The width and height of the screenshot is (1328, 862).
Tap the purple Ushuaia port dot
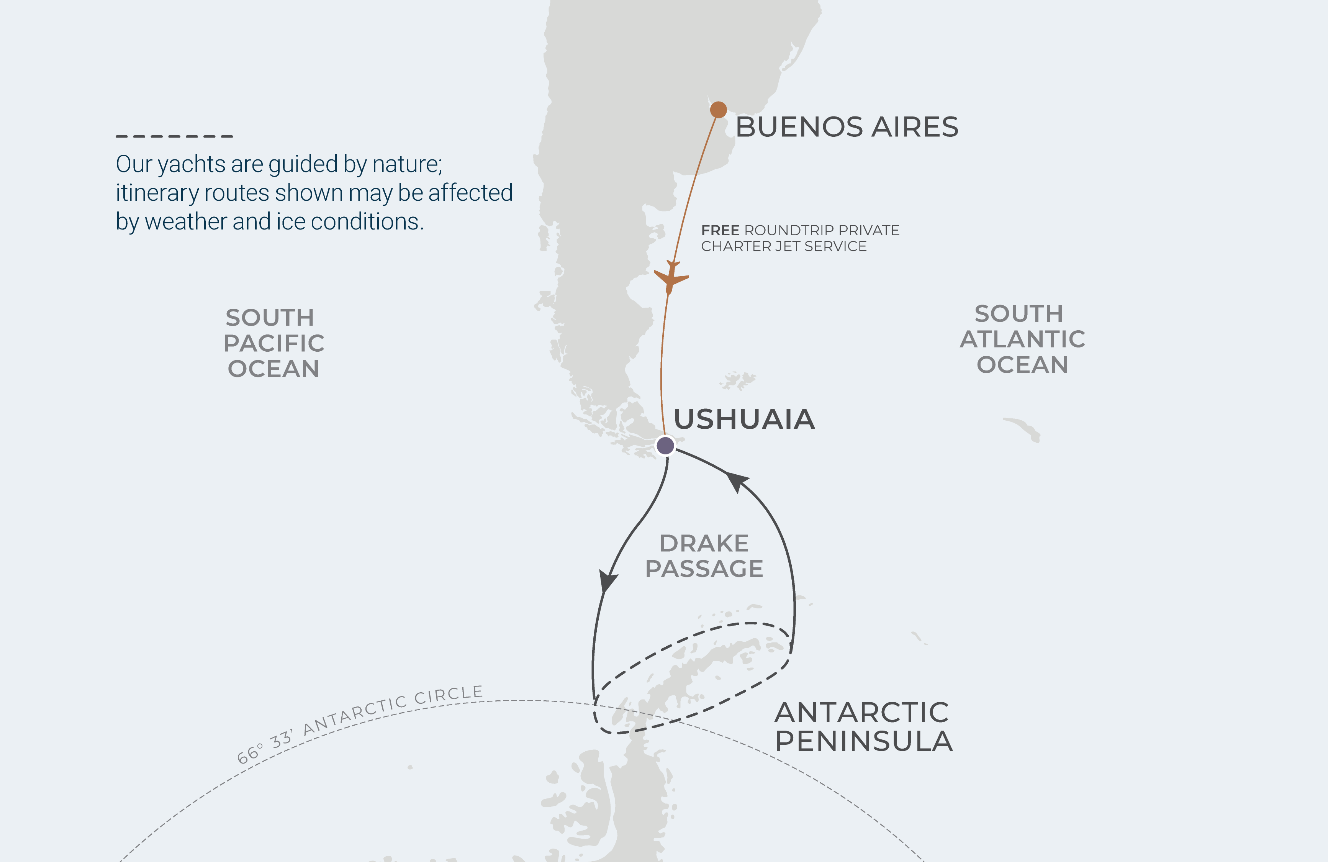tap(665, 445)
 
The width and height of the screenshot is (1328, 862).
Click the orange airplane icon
tap(671, 277)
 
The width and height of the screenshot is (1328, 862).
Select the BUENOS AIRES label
tap(847, 127)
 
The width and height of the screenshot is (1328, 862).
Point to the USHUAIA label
tap(744, 420)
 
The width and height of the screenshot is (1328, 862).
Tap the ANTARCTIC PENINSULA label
tap(863, 726)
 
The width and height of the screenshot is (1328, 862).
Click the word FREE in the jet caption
tap(720, 230)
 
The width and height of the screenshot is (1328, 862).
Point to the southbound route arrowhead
tap(607, 581)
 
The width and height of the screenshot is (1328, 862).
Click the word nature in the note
tap(407, 164)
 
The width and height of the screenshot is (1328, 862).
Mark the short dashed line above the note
tap(174, 136)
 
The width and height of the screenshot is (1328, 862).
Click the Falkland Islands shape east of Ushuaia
tap(738, 381)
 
